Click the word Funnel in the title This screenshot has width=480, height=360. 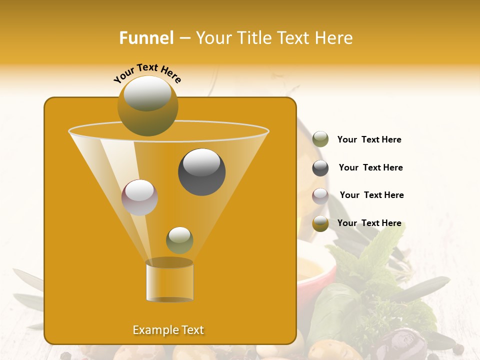pyautogui.click(x=146, y=38)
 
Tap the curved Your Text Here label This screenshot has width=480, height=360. pyautogui.click(x=147, y=73)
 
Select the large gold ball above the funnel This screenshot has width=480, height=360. pyautogui.click(x=148, y=105)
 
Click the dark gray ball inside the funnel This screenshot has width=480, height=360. pyautogui.click(x=201, y=172)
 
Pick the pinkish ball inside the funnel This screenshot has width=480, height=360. pyautogui.click(x=139, y=197)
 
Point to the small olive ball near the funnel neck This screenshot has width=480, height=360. pyautogui.click(x=179, y=240)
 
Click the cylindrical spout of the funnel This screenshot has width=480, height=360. pyautogui.click(x=169, y=281)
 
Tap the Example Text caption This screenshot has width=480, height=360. pyautogui.click(x=168, y=330)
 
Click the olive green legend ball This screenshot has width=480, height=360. pyautogui.click(x=320, y=139)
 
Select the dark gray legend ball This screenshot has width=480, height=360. pyautogui.click(x=320, y=168)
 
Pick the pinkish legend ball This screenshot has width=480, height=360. pyautogui.click(x=320, y=195)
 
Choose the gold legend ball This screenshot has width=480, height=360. pyautogui.click(x=320, y=223)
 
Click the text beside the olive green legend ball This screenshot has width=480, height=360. pyautogui.click(x=369, y=140)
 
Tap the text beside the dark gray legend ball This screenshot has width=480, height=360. pyautogui.click(x=370, y=167)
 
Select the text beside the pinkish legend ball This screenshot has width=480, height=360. pyautogui.click(x=371, y=195)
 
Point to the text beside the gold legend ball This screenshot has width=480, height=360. pyautogui.click(x=369, y=223)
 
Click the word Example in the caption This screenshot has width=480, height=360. pyautogui.click(x=151, y=330)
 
